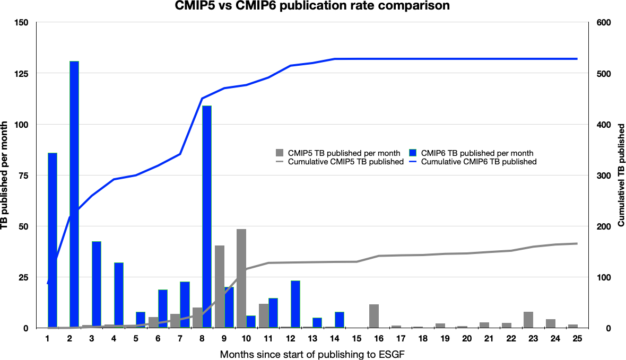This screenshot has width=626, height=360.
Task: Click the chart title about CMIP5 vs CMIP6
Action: (313, 6)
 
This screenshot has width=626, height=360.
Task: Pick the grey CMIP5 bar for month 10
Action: (241, 278)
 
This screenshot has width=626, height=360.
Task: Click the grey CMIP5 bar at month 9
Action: (219, 286)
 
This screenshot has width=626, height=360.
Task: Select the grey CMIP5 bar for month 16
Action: (374, 316)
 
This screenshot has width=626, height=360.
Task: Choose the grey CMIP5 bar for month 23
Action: (528, 320)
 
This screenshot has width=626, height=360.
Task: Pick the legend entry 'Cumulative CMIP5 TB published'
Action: (345, 162)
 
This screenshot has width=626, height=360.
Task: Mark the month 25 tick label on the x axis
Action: (577, 338)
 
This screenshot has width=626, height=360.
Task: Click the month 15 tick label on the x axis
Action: (357, 338)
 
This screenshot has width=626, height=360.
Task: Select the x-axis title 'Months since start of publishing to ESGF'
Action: (313, 354)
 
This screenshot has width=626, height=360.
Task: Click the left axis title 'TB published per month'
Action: (5, 175)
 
